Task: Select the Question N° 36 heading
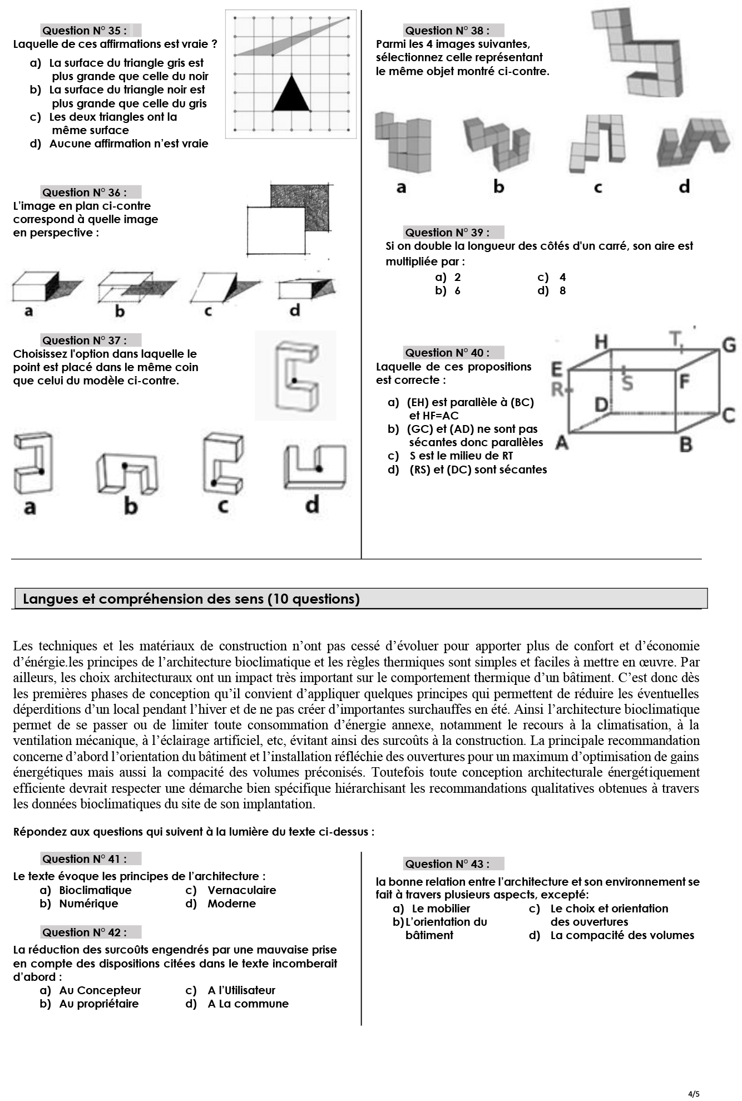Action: [85, 192]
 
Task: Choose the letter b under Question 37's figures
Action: [130, 506]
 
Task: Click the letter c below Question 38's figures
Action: [598, 187]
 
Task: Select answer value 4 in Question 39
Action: [562, 277]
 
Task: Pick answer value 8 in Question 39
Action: [562, 290]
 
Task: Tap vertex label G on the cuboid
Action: [729, 345]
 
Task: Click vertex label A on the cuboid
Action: [562, 442]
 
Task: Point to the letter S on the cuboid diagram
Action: [627, 383]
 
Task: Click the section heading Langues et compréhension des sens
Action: [191, 599]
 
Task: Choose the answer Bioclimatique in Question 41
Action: [95, 890]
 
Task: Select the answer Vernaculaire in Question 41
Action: [241, 890]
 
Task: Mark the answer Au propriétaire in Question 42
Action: [98, 1004]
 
